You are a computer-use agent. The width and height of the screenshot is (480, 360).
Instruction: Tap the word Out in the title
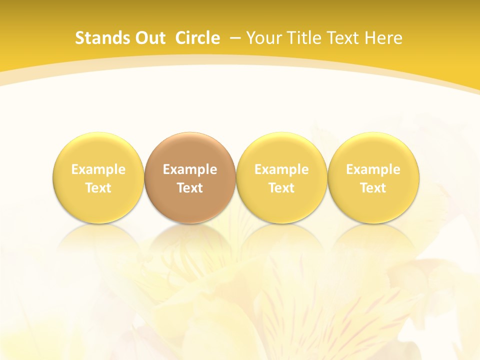(149, 38)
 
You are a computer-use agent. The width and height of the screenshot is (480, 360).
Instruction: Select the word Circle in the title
(197, 38)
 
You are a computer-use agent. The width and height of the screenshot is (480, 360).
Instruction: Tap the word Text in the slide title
(343, 38)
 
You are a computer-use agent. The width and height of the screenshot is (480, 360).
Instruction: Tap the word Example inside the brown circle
(190, 169)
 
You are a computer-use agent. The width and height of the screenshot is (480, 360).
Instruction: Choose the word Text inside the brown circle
(190, 188)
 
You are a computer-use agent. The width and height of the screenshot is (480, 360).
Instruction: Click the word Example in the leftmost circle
(98, 169)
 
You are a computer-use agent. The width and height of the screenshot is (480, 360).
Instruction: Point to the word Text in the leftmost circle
(98, 188)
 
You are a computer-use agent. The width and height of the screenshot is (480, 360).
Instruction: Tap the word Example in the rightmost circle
(373, 169)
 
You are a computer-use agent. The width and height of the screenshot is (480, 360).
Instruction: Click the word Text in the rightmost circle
(373, 188)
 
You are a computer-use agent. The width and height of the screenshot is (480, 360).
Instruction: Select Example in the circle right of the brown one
(281, 169)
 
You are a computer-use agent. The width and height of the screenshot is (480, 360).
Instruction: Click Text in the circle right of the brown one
(281, 188)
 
